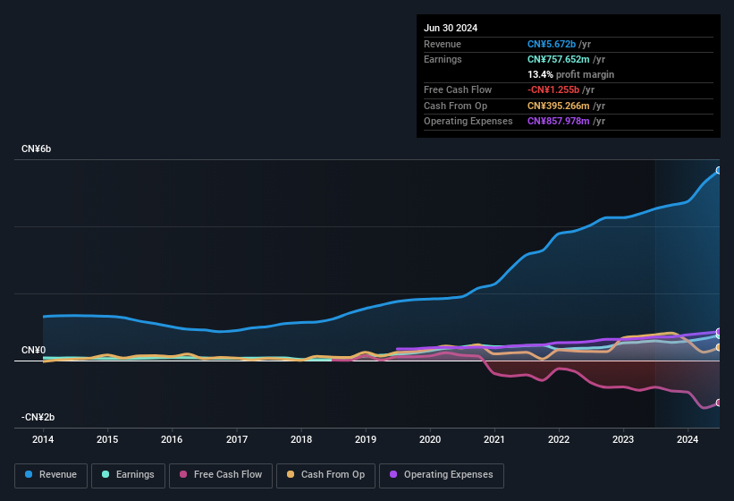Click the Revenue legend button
52,475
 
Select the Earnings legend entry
129,475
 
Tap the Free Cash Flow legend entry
221,475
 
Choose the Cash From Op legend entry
327,475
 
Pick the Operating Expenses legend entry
442,475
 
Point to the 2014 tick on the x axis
43,439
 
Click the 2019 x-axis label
366,439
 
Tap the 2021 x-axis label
494,439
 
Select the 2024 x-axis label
688,439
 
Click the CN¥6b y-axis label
37,149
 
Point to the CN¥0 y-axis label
34,350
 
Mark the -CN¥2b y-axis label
38,417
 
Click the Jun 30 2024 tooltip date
451,28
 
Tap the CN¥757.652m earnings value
559,59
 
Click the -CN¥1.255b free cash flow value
553,90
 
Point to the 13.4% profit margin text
570,74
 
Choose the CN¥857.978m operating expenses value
559,121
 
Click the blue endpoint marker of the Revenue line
719,170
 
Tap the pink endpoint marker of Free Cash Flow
719,403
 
